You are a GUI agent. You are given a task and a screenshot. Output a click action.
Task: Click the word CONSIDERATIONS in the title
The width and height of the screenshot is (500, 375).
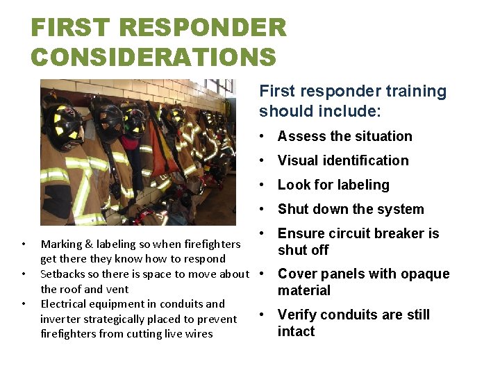tap(153, 57)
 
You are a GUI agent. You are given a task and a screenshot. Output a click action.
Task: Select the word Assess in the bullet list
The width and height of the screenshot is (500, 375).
tap(301, 137)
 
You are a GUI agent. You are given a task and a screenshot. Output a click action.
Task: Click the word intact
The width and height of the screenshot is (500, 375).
tap(297, 332)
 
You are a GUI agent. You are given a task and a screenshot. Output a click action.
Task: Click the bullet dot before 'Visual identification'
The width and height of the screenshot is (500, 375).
tap(265, 161)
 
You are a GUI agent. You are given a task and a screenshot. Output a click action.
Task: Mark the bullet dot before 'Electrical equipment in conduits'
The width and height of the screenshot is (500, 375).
tap(24, 304)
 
